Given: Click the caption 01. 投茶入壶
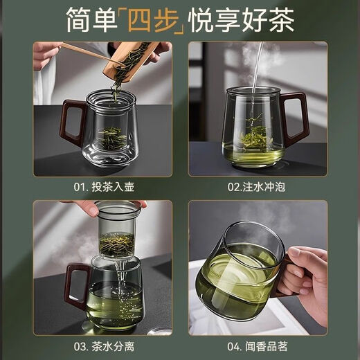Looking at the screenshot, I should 102,187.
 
